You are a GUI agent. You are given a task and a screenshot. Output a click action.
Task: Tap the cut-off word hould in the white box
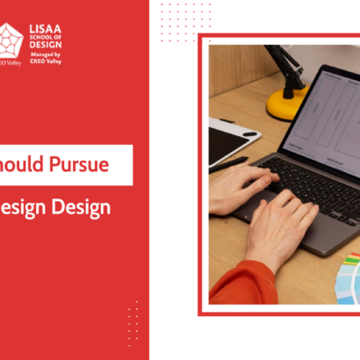[x=24, y=164]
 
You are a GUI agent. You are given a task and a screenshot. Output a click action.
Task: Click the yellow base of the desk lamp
[x=286, y=104]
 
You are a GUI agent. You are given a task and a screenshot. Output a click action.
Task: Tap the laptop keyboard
[x=311, y=179]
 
